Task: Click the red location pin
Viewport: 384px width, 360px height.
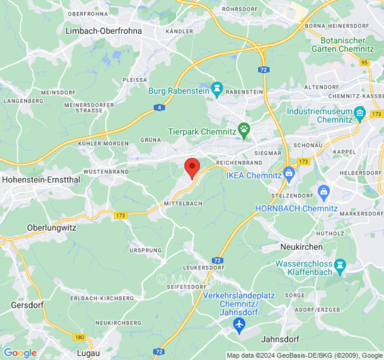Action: (192, 167)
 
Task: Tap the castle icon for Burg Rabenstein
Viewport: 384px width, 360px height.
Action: (217, 90)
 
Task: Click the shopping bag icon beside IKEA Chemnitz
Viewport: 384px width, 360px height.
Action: (289, 172)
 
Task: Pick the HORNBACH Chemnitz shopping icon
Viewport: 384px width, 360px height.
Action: (323, 192)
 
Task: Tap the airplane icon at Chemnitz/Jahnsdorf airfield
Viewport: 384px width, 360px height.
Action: (239, 323)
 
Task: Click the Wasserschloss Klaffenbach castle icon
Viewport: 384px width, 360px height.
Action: (340, 267)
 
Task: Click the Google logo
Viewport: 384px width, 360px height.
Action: (20, 353)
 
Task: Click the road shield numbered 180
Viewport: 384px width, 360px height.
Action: (80, 337)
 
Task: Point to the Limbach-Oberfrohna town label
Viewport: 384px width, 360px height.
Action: (104, 31)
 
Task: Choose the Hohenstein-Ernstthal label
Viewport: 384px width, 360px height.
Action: (41, 179)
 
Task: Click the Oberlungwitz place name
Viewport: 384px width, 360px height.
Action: (52, 228)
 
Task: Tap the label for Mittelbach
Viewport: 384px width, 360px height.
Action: (183, 203)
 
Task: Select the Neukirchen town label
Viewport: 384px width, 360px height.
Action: (302, 247)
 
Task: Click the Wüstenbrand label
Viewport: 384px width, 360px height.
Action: (106, 172)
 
